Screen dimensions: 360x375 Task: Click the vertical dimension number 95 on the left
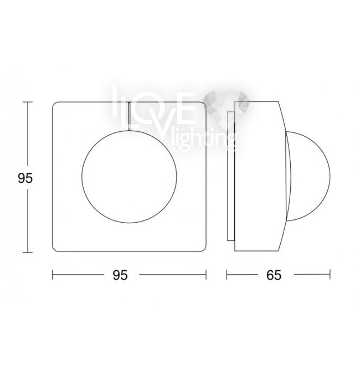click(25, 178)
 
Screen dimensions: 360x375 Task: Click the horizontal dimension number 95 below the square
click(120, 275)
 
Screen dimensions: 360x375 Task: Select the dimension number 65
click(274, 275)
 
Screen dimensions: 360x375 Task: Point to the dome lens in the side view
click(330, 176)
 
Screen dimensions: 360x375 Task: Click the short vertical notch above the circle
click(129, 116)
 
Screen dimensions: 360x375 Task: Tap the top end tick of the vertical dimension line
click(28, 102)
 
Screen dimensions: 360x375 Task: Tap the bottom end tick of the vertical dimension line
click(28, 252)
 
